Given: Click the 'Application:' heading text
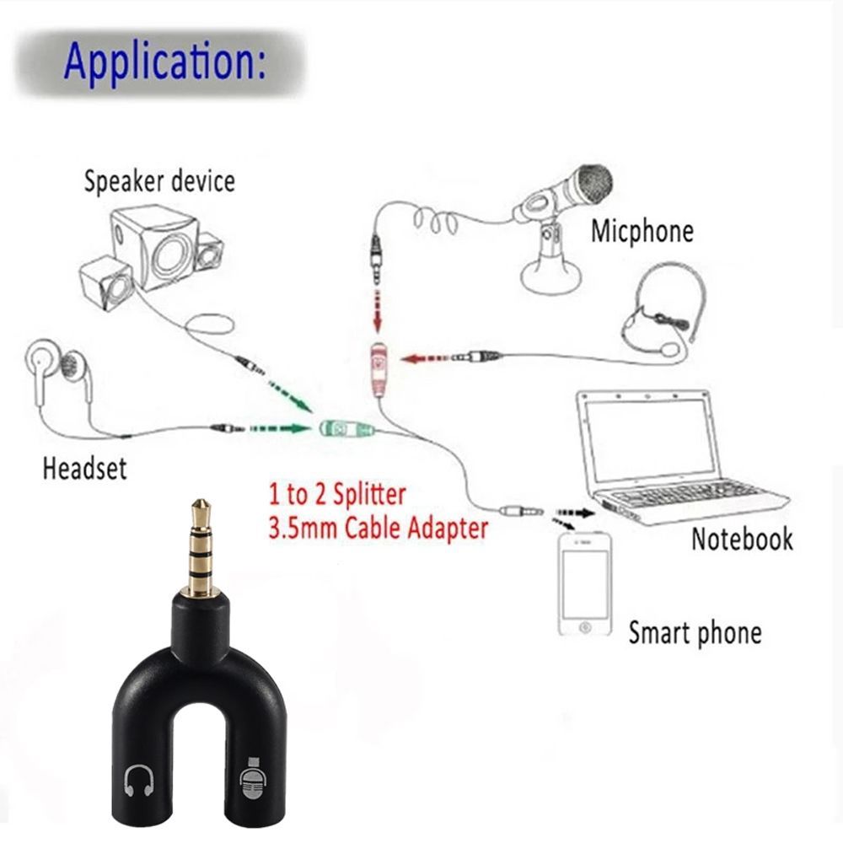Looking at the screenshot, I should point(164,62).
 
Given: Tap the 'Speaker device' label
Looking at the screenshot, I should point(158,180).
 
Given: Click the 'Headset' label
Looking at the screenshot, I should point(84,467).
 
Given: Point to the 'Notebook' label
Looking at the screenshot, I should point(742,539).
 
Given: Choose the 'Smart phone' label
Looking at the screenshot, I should point(695,632).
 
